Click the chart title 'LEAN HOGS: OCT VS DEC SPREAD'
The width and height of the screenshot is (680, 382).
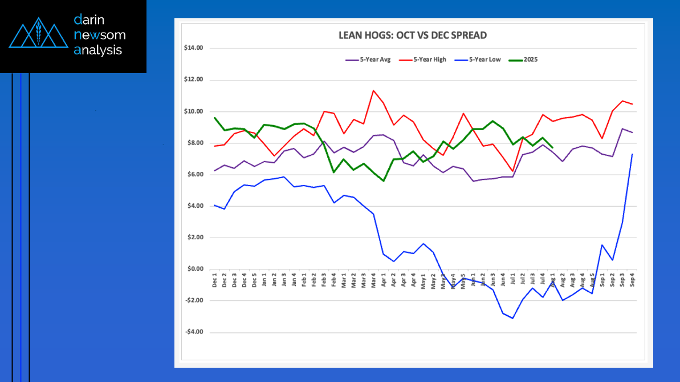click(x=413, y=35)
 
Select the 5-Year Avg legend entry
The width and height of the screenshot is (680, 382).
click(x=368, y=60)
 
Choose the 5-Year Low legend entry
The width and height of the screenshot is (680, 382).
click(x=478, y=60)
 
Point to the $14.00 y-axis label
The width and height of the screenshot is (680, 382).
click(x=194, y=48)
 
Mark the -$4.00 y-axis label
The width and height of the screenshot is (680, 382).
click(x=194, y=332)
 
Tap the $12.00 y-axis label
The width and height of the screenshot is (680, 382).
click(x=194, y=79)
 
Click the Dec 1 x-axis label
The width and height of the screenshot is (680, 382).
click(x=215, y=281)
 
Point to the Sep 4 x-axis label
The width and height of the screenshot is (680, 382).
click(x=632, y=281)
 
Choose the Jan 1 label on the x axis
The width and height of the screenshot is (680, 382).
click(x=264, y=281)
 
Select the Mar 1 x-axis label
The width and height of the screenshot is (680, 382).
click(x=344, y=281)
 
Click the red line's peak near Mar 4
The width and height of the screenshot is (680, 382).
click(x=373, y=90)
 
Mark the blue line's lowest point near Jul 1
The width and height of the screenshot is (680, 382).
click(x=513, y=318)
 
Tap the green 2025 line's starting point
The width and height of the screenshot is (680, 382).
click(x=215, y=118)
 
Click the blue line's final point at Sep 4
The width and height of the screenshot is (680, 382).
click(x=632, y=154)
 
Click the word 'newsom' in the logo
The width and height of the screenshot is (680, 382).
click(x=100, y=35)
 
